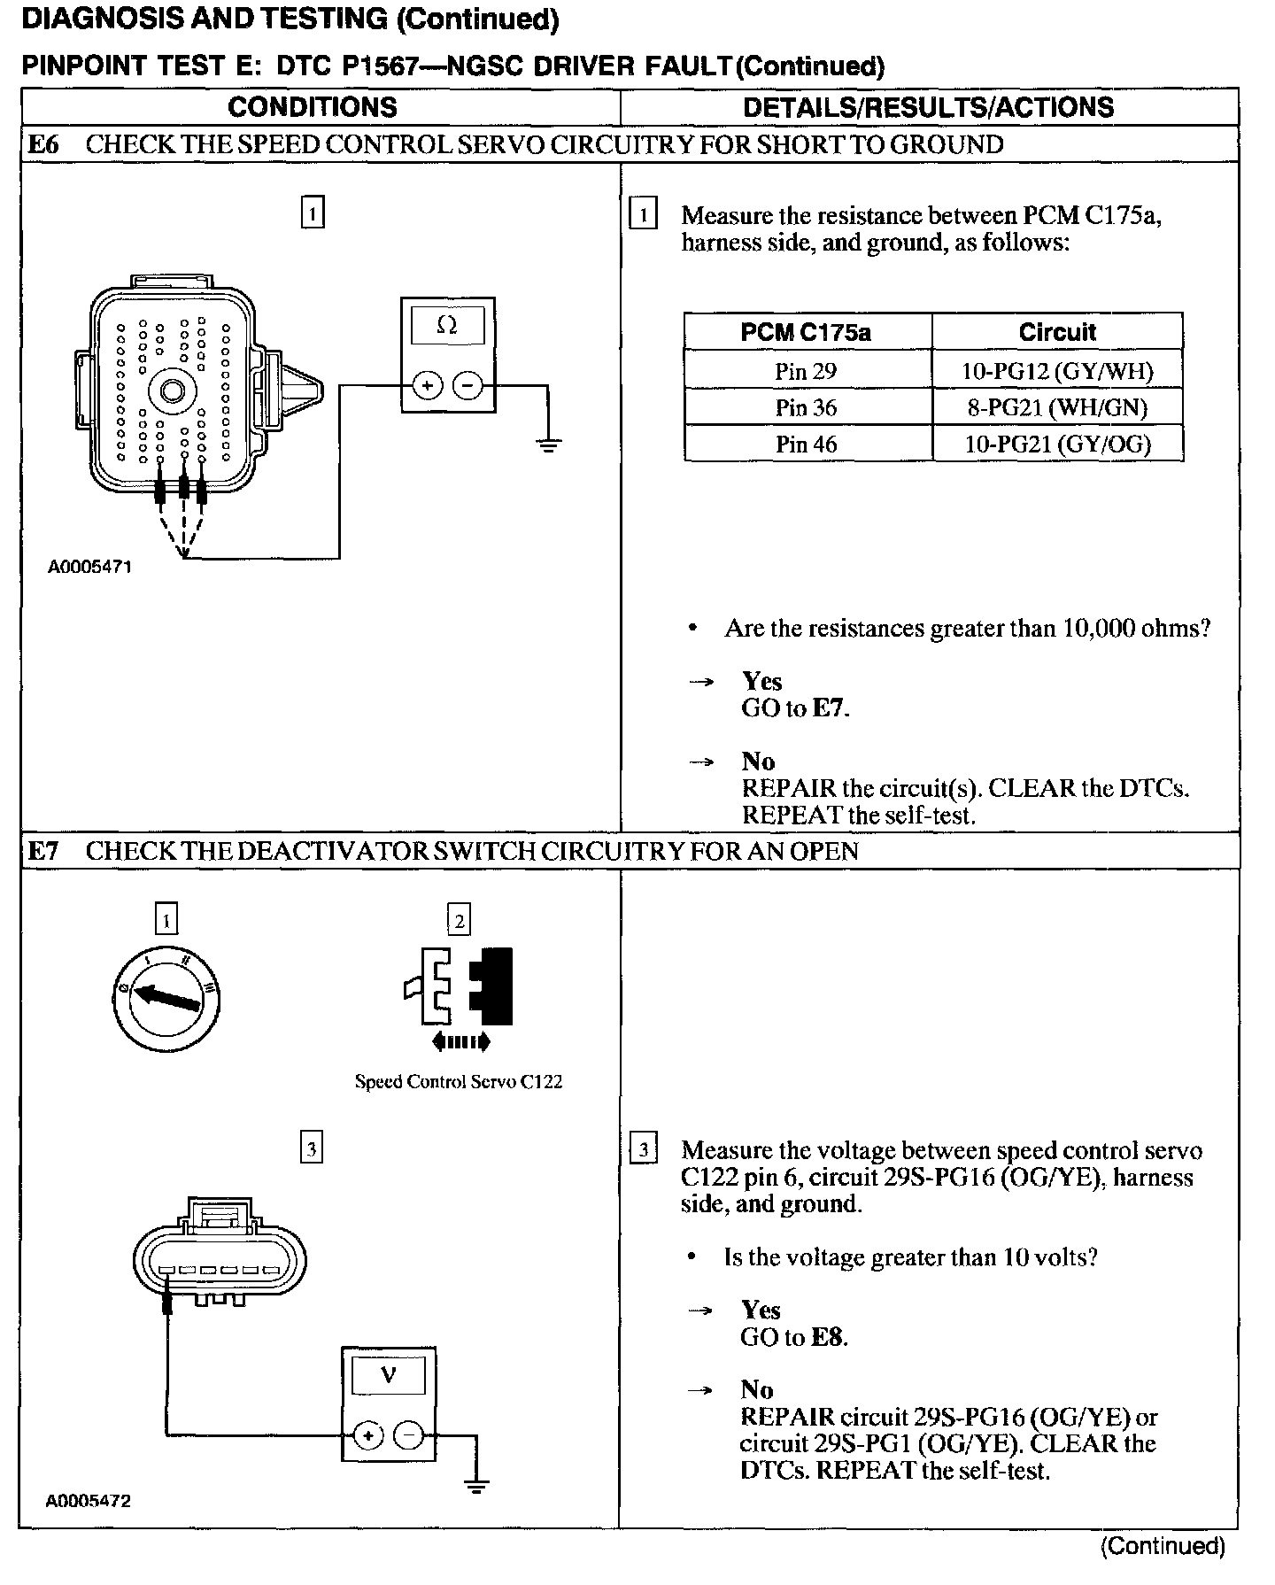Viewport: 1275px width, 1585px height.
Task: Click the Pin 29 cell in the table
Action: [x=806, y=370]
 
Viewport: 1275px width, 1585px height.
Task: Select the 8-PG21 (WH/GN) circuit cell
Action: [x=1057, y=407]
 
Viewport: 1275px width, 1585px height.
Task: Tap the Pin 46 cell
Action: [x=806, y=444]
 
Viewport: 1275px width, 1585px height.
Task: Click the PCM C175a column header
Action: [x=806, y=332]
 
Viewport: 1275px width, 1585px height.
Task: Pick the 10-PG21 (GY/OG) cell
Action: [x=1057, y=444]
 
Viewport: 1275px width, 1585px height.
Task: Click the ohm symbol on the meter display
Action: [x=447, y=326]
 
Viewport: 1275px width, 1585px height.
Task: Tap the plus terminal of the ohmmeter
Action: [x=428, y=386]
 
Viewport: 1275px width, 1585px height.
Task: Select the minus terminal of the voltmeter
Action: [x=408, y=1460]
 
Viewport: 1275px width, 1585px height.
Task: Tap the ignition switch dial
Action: [x=166, y=1001]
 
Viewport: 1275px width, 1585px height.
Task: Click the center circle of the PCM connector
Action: [x=171, y=390]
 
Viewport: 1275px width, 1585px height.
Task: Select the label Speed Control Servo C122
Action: [x=458, y=1081]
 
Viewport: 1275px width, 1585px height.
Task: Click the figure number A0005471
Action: [x=89, y=567]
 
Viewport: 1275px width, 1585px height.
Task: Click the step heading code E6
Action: [x=43, y=144]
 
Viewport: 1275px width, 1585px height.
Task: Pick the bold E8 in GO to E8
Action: [x=827, y=1337]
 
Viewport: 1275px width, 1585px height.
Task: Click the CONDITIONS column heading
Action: [x=313, y=107]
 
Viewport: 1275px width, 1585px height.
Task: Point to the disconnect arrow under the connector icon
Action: [x=460, y=1042]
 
